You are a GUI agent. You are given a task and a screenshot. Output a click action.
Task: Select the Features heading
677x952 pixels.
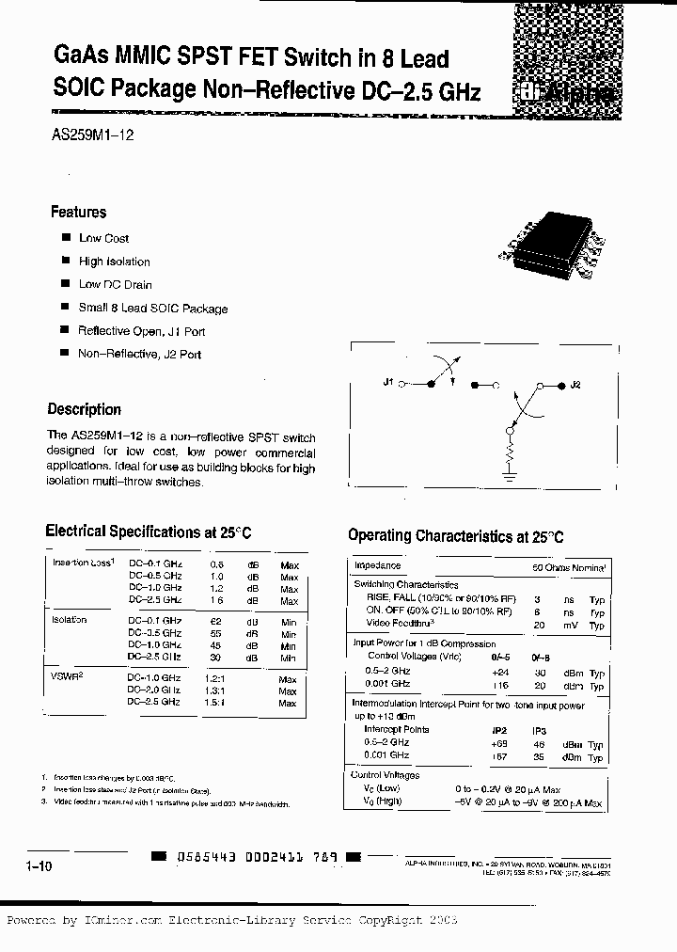(x=78, y=213)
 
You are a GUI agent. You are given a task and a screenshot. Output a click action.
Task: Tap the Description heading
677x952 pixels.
(x=85, y=410)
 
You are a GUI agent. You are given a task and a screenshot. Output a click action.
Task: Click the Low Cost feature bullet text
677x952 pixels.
(x=103, y=239)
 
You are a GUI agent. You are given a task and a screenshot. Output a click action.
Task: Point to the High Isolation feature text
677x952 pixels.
(x=114, y=262)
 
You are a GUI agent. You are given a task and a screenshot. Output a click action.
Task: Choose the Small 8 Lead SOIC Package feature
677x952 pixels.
(x=152, y=309)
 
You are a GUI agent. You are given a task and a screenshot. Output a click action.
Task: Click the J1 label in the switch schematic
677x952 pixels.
(x=388, y=384)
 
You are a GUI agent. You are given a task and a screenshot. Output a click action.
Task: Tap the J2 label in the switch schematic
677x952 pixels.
(x=575, y=385)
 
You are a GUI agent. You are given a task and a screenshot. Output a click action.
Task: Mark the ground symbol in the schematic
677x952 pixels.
(x=509, y=479)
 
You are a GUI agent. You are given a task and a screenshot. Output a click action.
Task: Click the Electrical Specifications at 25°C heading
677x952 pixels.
(x=148, y=532)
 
